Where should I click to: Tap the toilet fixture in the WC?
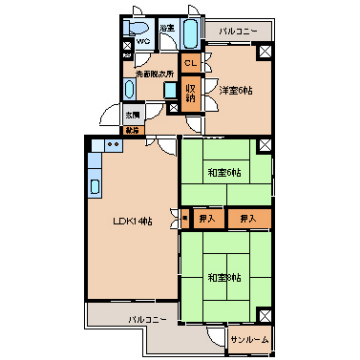[141, 27]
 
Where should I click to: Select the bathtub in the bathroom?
[190, 34]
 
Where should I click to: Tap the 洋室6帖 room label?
[235, 89]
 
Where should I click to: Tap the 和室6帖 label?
[224, 173]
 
